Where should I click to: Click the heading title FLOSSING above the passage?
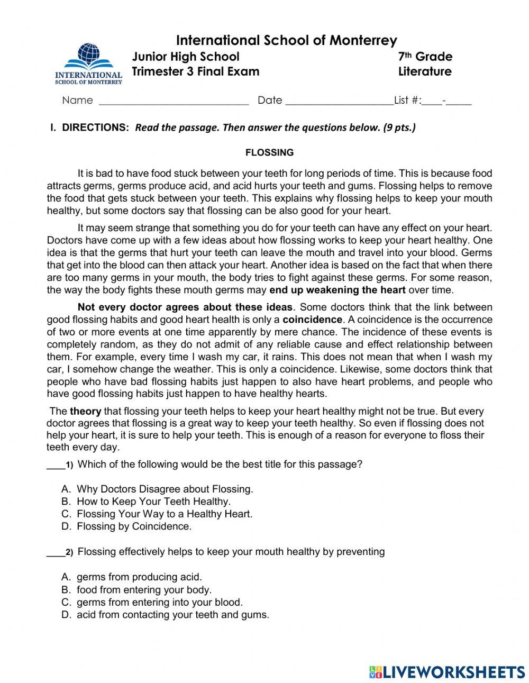pyautogui.click(x=269, y=152)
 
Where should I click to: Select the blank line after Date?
pyautogui.click(x=339, y=101)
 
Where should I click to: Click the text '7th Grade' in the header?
pyautogui.click(x=425, y=57)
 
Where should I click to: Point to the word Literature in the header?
pyautogui.click(x=425, y=71)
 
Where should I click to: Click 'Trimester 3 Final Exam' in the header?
pyautogui.click(x=195, y=71)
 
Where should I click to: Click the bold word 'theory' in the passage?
pyautogui.click(x=86, y=411)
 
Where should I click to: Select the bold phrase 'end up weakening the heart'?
pyautogui.click(x=338, y=289)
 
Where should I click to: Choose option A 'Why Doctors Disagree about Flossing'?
pyautogui.click(x=165, y=489)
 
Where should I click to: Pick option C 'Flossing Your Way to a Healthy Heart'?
pyautogui.click(x=165, y=514)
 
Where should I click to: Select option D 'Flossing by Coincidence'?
pyautogui.click(x=134, y=526)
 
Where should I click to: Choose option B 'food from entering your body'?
pyautogui.click(x=144, y=589)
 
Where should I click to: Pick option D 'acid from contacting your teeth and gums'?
pyautogui.click(x=172, y=615)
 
